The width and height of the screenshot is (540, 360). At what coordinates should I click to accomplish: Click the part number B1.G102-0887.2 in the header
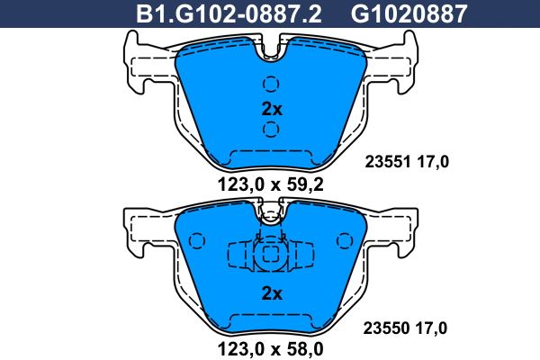point(229,13)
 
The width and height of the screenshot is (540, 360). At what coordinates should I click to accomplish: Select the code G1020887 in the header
point(409,13)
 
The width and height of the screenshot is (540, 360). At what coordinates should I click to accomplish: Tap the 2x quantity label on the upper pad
point(272,109)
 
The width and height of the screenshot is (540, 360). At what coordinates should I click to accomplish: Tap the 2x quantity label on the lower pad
point(272,293)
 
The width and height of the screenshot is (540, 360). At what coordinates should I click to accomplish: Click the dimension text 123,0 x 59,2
point(270,185)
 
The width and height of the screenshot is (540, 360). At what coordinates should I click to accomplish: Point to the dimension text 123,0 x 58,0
point(270,349)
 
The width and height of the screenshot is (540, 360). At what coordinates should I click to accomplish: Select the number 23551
point(388,162)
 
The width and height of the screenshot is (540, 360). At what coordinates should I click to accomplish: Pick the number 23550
point(386,328)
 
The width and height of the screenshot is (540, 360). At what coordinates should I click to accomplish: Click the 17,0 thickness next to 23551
point(433,162)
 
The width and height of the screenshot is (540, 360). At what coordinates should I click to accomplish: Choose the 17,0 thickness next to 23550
point(431,328)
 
